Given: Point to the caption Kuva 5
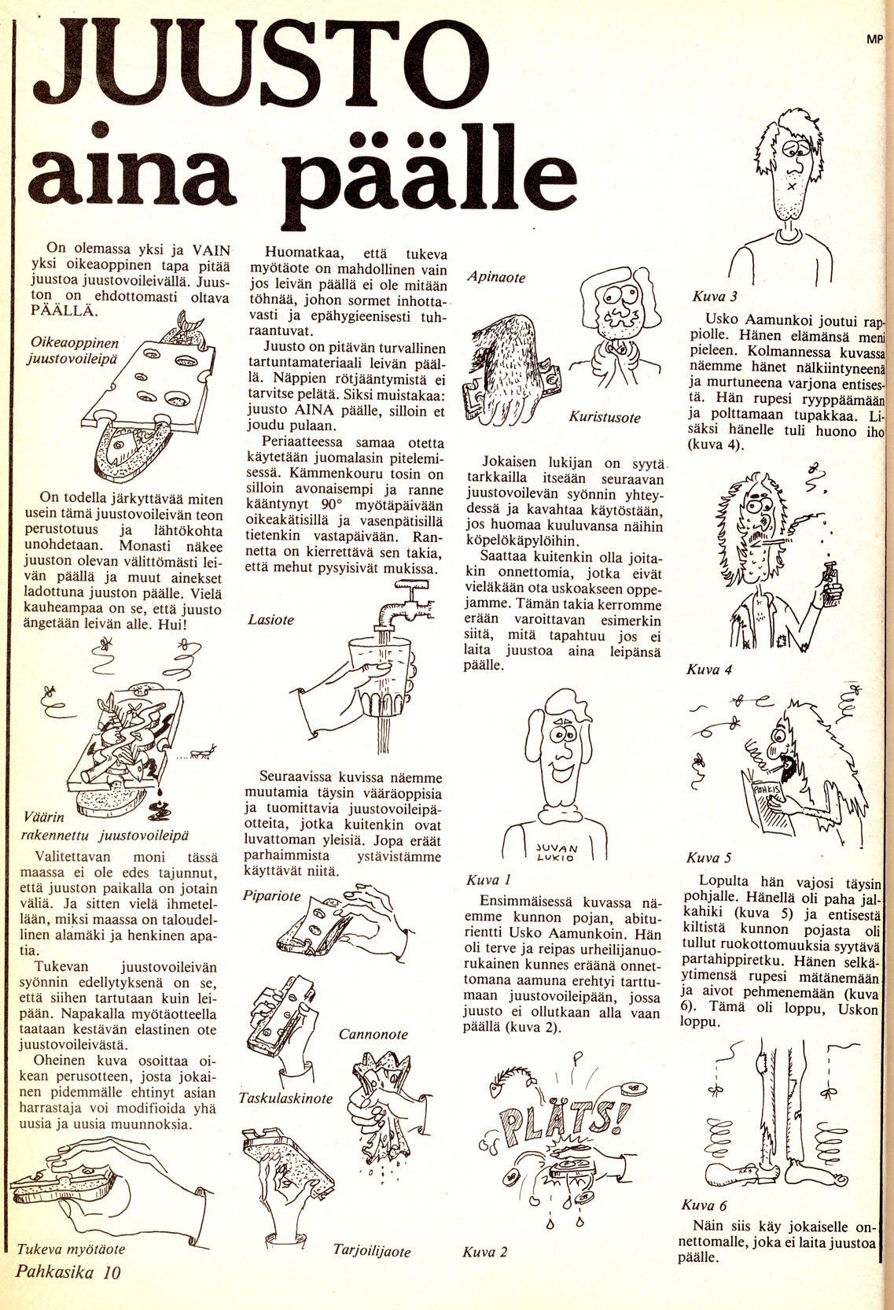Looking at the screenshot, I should [708, 858].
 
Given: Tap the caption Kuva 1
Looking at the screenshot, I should [489, 880].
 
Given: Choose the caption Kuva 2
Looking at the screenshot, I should [485, 1252].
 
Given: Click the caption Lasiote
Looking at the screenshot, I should [270, 619].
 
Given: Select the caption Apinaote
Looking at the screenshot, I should [496, 277].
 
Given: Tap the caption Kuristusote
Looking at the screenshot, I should [605, 418].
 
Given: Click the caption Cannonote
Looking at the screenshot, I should [373, 1034].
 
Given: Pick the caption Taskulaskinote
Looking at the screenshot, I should [286, 1098].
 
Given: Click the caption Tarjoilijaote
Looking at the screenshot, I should [372, 1251].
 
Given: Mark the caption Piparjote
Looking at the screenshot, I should [272, 895].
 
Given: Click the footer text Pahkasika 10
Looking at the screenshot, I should [67, 1273].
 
